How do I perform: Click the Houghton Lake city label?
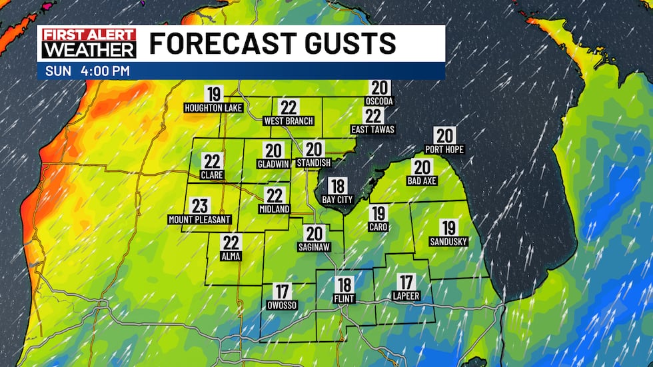coord(214,107)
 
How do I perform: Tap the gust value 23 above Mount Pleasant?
coord(200,206)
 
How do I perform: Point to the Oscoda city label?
coord(380,101)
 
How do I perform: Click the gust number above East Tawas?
coord(373,116)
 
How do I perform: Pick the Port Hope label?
coord(444,149)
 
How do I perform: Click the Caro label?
coord(378,227)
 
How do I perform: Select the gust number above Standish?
coord(314,150)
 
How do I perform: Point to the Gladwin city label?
coord(274,163)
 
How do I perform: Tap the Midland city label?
coord(275,209)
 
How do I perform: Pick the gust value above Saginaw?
coord(315,233)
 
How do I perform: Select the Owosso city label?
coord(283,305)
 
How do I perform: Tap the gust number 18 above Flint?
coord(344,284)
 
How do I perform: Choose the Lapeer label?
coord(406,295)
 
